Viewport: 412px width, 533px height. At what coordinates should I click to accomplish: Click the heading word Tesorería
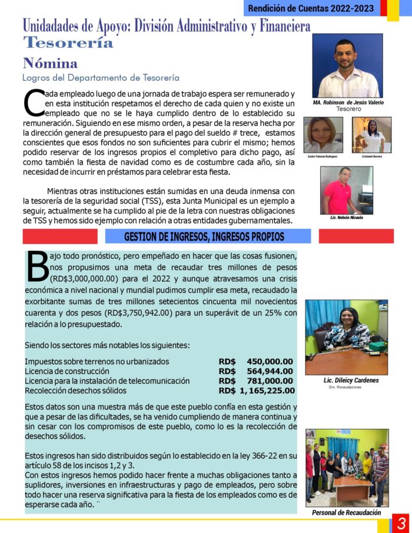click(x=68, y=42)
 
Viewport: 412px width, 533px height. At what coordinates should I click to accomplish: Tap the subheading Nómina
click(x=50, y=63)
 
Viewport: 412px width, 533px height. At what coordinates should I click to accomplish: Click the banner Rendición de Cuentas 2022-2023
click(x=311, y=8)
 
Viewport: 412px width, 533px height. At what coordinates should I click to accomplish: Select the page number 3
click(x=402, y=522)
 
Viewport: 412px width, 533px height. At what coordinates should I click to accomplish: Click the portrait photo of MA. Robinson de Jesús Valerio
click(x=347, y=65)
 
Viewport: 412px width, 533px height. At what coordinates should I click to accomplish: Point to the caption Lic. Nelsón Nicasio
click(x=347, y=218)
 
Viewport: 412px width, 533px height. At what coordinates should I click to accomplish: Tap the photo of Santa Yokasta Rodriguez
click(x=323, y=135)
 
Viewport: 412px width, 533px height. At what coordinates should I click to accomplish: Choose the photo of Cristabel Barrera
click(x=371, y=135)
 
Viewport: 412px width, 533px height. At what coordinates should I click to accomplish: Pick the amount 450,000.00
click(x=270, y=361)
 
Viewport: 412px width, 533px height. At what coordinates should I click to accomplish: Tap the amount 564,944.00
click(x=270, y=371)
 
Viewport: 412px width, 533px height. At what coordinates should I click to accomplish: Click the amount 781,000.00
click(x=270, y=381)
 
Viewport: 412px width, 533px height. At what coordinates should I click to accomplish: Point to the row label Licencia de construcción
click(x=67, y=371)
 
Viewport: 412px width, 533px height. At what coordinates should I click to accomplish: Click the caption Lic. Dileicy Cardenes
click(x=351, y=381)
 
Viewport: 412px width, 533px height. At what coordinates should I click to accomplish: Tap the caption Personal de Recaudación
click(x=346, y=512)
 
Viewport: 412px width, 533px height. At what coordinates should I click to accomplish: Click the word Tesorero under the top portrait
click(x=348, y=109)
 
